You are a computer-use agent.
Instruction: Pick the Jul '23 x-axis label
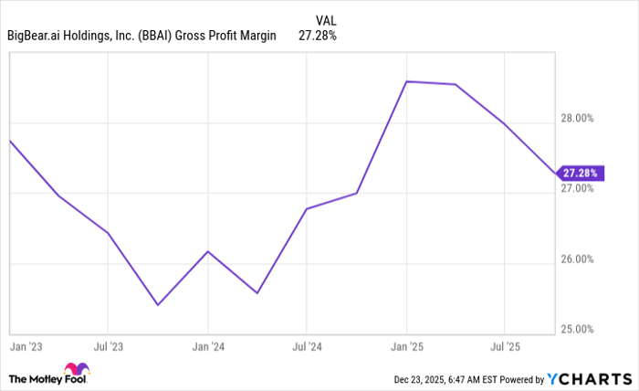108,347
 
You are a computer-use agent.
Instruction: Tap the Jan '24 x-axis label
208,347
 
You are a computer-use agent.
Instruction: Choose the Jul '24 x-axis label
307,347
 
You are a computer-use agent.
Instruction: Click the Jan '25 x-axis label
407,347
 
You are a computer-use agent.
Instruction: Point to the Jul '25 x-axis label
505,347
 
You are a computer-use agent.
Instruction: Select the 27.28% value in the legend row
318,37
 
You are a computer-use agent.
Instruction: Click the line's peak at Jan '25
407,81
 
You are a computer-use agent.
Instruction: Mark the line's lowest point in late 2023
158,304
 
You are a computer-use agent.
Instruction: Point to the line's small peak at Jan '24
208,251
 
